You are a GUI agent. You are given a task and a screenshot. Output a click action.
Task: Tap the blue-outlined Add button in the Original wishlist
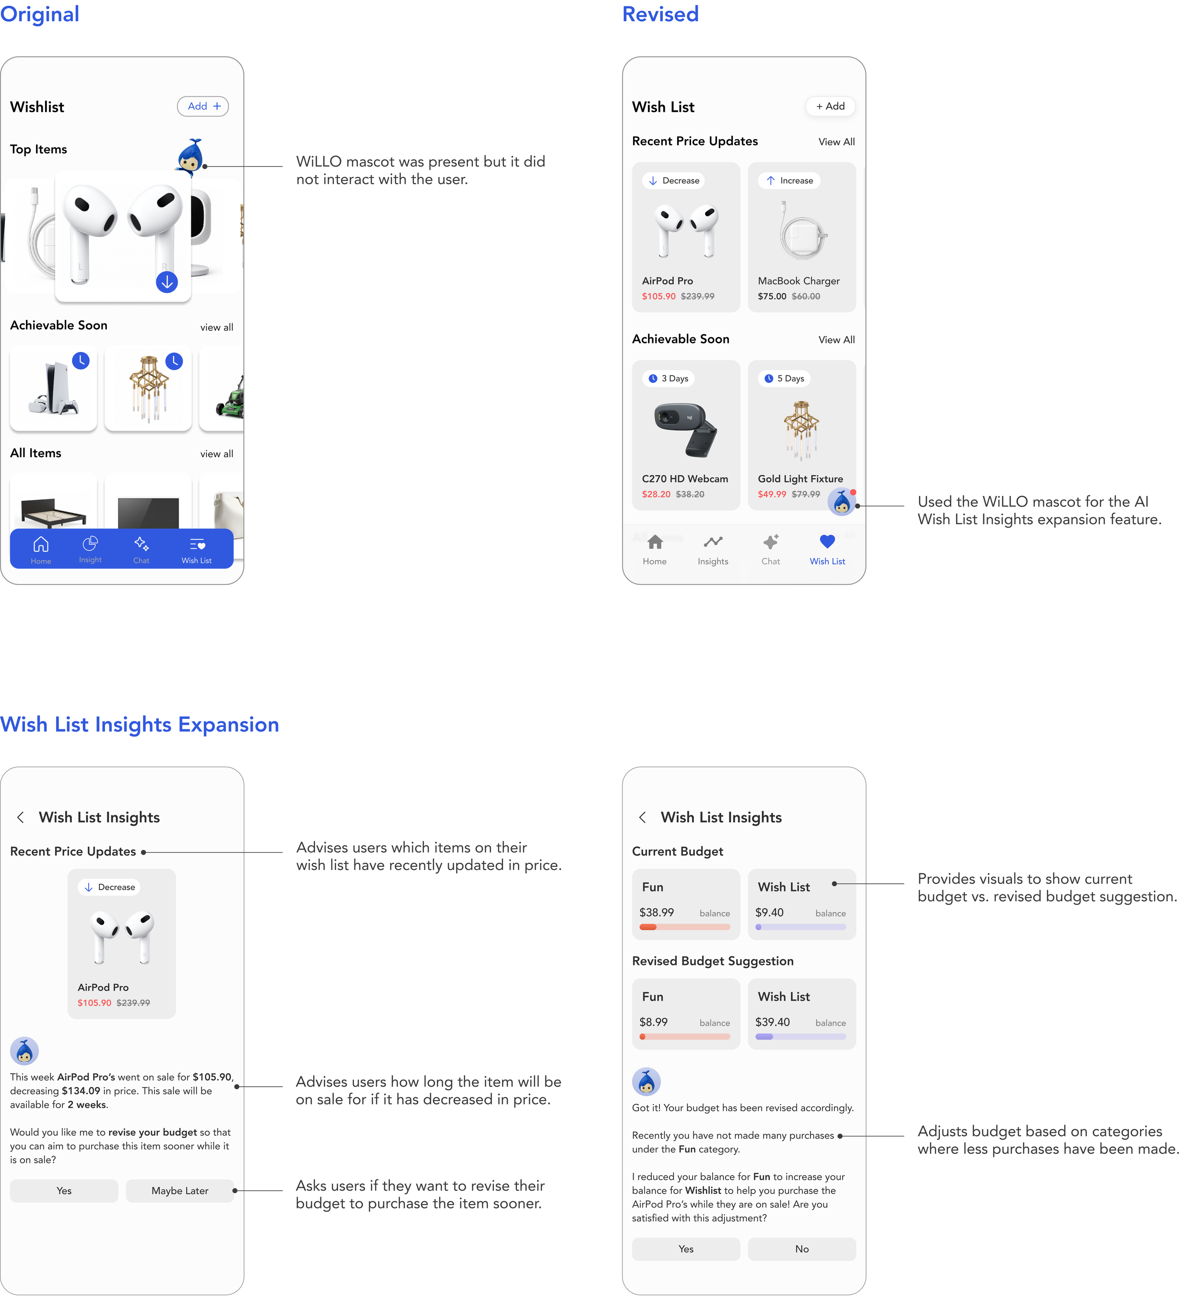point(203,106)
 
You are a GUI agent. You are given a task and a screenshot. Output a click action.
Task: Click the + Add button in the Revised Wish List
point(830,106)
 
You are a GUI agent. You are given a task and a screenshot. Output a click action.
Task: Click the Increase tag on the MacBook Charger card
point(789,180)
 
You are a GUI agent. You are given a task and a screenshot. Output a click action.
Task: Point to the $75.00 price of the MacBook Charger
point(772,296)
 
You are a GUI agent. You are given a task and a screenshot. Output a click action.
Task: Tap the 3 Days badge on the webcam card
point(669,379)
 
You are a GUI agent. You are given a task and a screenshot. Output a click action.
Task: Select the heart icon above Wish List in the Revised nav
point(827,541)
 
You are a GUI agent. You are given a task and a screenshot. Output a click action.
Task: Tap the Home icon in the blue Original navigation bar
point(41,544)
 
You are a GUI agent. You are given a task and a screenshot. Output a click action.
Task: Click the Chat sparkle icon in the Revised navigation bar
point(771,541)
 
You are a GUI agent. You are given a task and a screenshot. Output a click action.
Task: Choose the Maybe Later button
point(180,1191)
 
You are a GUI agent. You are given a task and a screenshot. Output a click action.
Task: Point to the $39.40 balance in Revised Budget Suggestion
point(773,1022)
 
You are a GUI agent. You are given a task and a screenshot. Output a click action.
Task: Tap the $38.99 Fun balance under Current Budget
point(657,913)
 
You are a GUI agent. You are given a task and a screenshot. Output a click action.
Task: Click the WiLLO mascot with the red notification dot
point(842,502)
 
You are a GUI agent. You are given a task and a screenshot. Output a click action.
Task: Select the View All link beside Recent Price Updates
point(836,142)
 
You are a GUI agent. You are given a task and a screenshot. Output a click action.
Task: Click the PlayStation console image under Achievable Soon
point(53,388)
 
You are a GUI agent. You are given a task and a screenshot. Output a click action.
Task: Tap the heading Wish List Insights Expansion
point(140,725)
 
